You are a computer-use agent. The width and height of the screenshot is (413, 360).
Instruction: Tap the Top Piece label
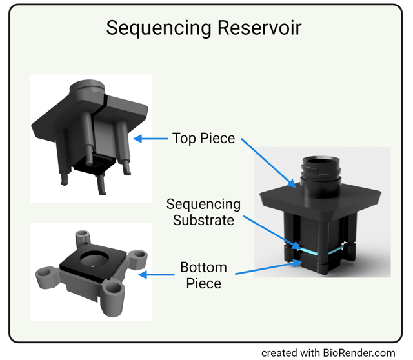tap(203, 138)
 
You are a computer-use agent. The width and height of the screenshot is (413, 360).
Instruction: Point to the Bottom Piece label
tap(203, 275)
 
